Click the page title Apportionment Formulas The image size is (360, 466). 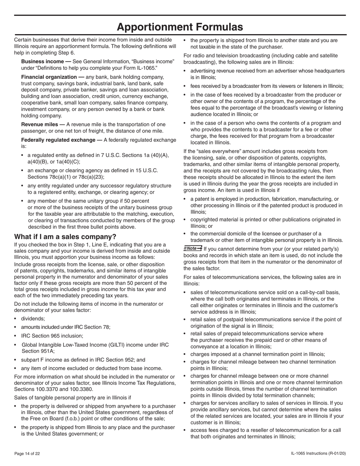(x=180, y=27)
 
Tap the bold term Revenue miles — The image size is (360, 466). (x=43, y=124)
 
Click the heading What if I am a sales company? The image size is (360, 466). (x=65, y=237)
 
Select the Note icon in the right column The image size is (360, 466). (x=193, y=249)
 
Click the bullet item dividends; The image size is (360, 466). (x=33, y=319)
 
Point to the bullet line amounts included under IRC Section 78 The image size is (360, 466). (x=66, y=327)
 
